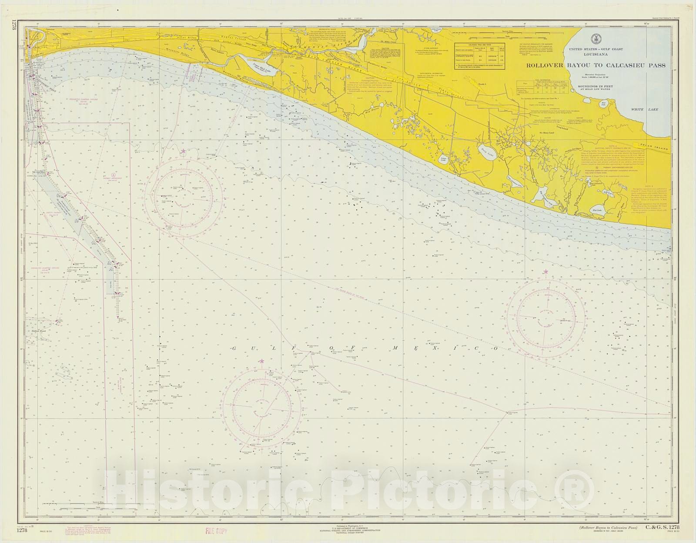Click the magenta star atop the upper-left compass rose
(x=184, y=151)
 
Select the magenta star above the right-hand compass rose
(x=545, y=272)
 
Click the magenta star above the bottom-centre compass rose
(x=261, y=361)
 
